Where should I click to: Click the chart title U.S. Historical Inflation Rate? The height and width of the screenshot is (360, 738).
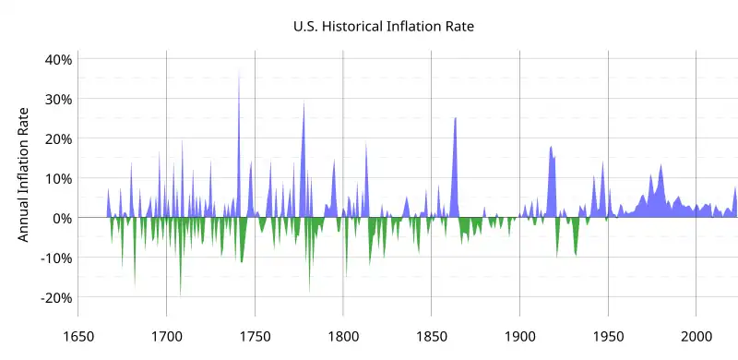[382, 27]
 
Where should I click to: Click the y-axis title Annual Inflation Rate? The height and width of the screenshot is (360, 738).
[24, 177]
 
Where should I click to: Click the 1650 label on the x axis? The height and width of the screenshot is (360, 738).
[78, 337]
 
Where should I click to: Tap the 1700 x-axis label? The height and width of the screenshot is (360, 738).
[166, 337]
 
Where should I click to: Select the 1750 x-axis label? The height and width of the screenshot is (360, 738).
[255, 337]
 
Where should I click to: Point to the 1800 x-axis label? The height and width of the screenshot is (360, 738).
[343, 337]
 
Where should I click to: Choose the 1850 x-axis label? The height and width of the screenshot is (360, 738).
[432, 337]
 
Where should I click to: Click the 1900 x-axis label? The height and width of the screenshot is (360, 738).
[519, 337]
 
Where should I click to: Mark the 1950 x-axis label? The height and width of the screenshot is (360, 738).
[608, 337]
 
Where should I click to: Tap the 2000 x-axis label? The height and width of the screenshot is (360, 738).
[696, 337]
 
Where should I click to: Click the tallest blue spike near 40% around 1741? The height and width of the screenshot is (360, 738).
[239, 74]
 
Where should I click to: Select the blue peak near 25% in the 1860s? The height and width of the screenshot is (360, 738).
[455, 120]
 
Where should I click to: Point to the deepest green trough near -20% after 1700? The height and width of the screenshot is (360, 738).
[180, 292]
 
